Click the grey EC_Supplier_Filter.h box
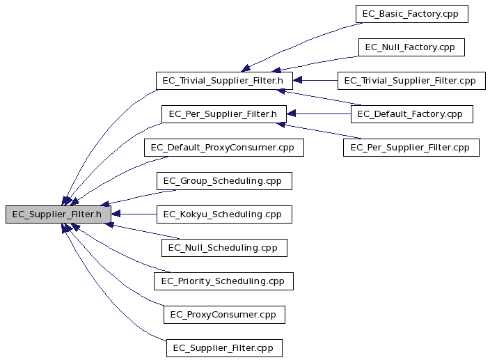[x=58, y=214]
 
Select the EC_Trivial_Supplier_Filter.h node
[x=224, y=81]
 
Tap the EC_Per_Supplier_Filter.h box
[x=223, y=114]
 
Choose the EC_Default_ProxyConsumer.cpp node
[x=223, y=148]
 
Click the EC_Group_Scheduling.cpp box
[x=224, y=181]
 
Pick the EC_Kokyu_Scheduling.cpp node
[x=224, y=214]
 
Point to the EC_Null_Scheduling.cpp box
[x=224, y=248]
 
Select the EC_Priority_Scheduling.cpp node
[x=223, y=281]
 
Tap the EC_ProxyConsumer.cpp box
[x=224, y=315]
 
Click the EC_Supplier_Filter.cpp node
[x=224, y=348]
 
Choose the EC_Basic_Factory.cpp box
[x=411, y=14]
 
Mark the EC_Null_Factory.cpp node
[x=411, y=47]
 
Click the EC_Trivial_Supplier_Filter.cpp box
[x=411, y=81]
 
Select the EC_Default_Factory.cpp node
[x=411, y=114]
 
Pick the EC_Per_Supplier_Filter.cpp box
[x=411, y=148]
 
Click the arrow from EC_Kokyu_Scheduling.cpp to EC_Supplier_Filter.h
[x=134, y=214]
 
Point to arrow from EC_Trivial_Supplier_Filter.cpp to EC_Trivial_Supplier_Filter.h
[x=315, y=80]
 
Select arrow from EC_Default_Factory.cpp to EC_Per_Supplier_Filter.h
[x=319, y=114]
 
